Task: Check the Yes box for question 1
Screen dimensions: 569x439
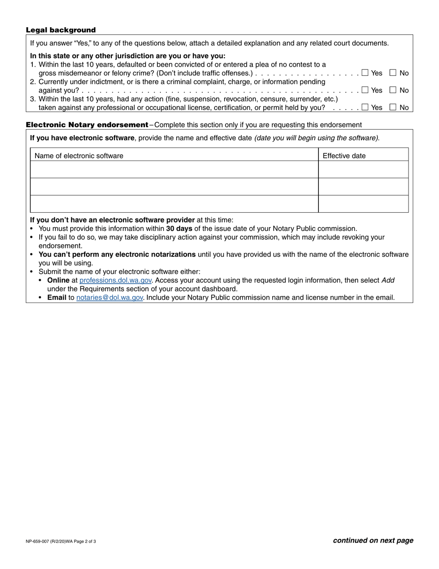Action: pyautogui.click(x=365, y=73)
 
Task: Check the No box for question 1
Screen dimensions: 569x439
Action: pyautogui.click(x=393, y=73)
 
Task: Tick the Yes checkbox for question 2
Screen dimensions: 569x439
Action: pyautogui.click(x=365, y=90)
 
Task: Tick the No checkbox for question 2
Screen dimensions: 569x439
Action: pyautogui.click(x=393, y=90)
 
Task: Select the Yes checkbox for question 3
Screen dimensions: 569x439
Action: pyautogui.click(x=365, y=107)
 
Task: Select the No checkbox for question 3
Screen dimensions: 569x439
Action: pyautogui.click(x=393, y=107)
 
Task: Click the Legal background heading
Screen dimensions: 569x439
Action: pyautogui.click(x=61, y=30)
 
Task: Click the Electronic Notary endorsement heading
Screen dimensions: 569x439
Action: pyautogui.click(x=87, y=125)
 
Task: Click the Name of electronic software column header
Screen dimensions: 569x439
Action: pyautogui.click(x=79, y=156)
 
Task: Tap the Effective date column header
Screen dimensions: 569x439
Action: pyautogui.click(x=344, y=156)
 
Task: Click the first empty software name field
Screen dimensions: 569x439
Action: pyautogui.click(x=174, y=170)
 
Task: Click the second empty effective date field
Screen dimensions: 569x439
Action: pyautogui.click(x=363, y=187)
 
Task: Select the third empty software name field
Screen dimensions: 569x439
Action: pyautogui.click(x=174, y=204)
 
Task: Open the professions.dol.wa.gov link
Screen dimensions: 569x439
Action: pyautogui.click(x=116, y=280)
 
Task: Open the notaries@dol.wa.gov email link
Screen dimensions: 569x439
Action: pyautogui.click(x=110, y=297)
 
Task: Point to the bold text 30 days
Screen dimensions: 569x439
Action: pyautogui.click(x=179, y=229)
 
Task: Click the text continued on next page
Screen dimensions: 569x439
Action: pyautogui.click(x=373, y=540)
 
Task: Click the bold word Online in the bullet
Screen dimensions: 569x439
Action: pyautogui.click(x=58, y=280)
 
